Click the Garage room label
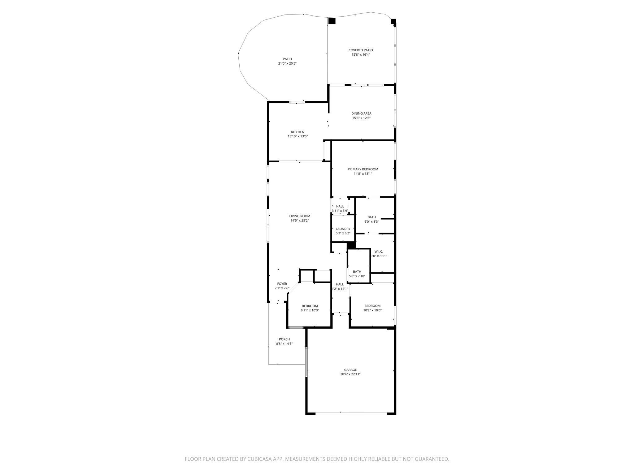350,370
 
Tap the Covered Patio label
361,50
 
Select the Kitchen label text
297,132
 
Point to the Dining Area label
361,113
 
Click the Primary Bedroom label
363,169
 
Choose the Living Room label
300,216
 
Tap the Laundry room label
343,229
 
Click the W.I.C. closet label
379,251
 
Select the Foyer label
282,284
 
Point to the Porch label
284,339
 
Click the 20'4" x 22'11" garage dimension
350,374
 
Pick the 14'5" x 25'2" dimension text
300,220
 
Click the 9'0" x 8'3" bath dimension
371,221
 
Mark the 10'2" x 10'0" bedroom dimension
372,310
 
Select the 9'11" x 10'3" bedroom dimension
310,310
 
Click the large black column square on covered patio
332,21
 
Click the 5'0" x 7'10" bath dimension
357,276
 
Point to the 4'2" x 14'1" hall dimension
340,289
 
